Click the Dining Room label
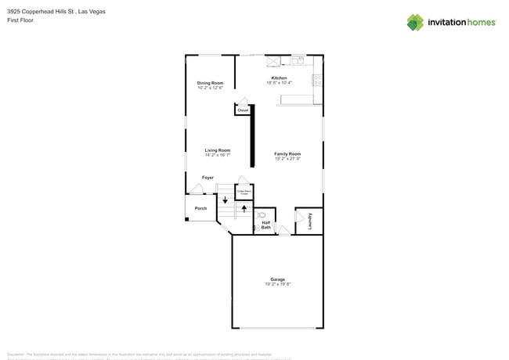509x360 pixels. click(x=210, y=83)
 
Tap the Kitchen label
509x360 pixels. click(x=278, y=78)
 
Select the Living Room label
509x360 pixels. click(x=217, y=150)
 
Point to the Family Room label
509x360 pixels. click(x=287, y=154)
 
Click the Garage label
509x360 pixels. click(x=277, y=279)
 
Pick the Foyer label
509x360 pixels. click(x=208, y=178)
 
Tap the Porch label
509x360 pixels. click(x=201, y=208)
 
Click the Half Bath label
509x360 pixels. click(x=266, y=225)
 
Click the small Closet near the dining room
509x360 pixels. click(x=243, y=110)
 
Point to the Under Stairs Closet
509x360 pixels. click(x=244, y=191)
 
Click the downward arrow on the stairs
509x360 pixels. click(x=226, y=200)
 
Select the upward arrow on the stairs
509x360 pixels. click(x=244, y=209)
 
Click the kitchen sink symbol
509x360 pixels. click(x=298, y=59)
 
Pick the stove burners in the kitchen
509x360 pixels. click(x=317, y=79)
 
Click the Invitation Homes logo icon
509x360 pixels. click(x=414, y=22)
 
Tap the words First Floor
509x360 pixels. click(x=20, y=20)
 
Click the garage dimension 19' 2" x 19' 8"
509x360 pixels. click(x=277, y=284)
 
